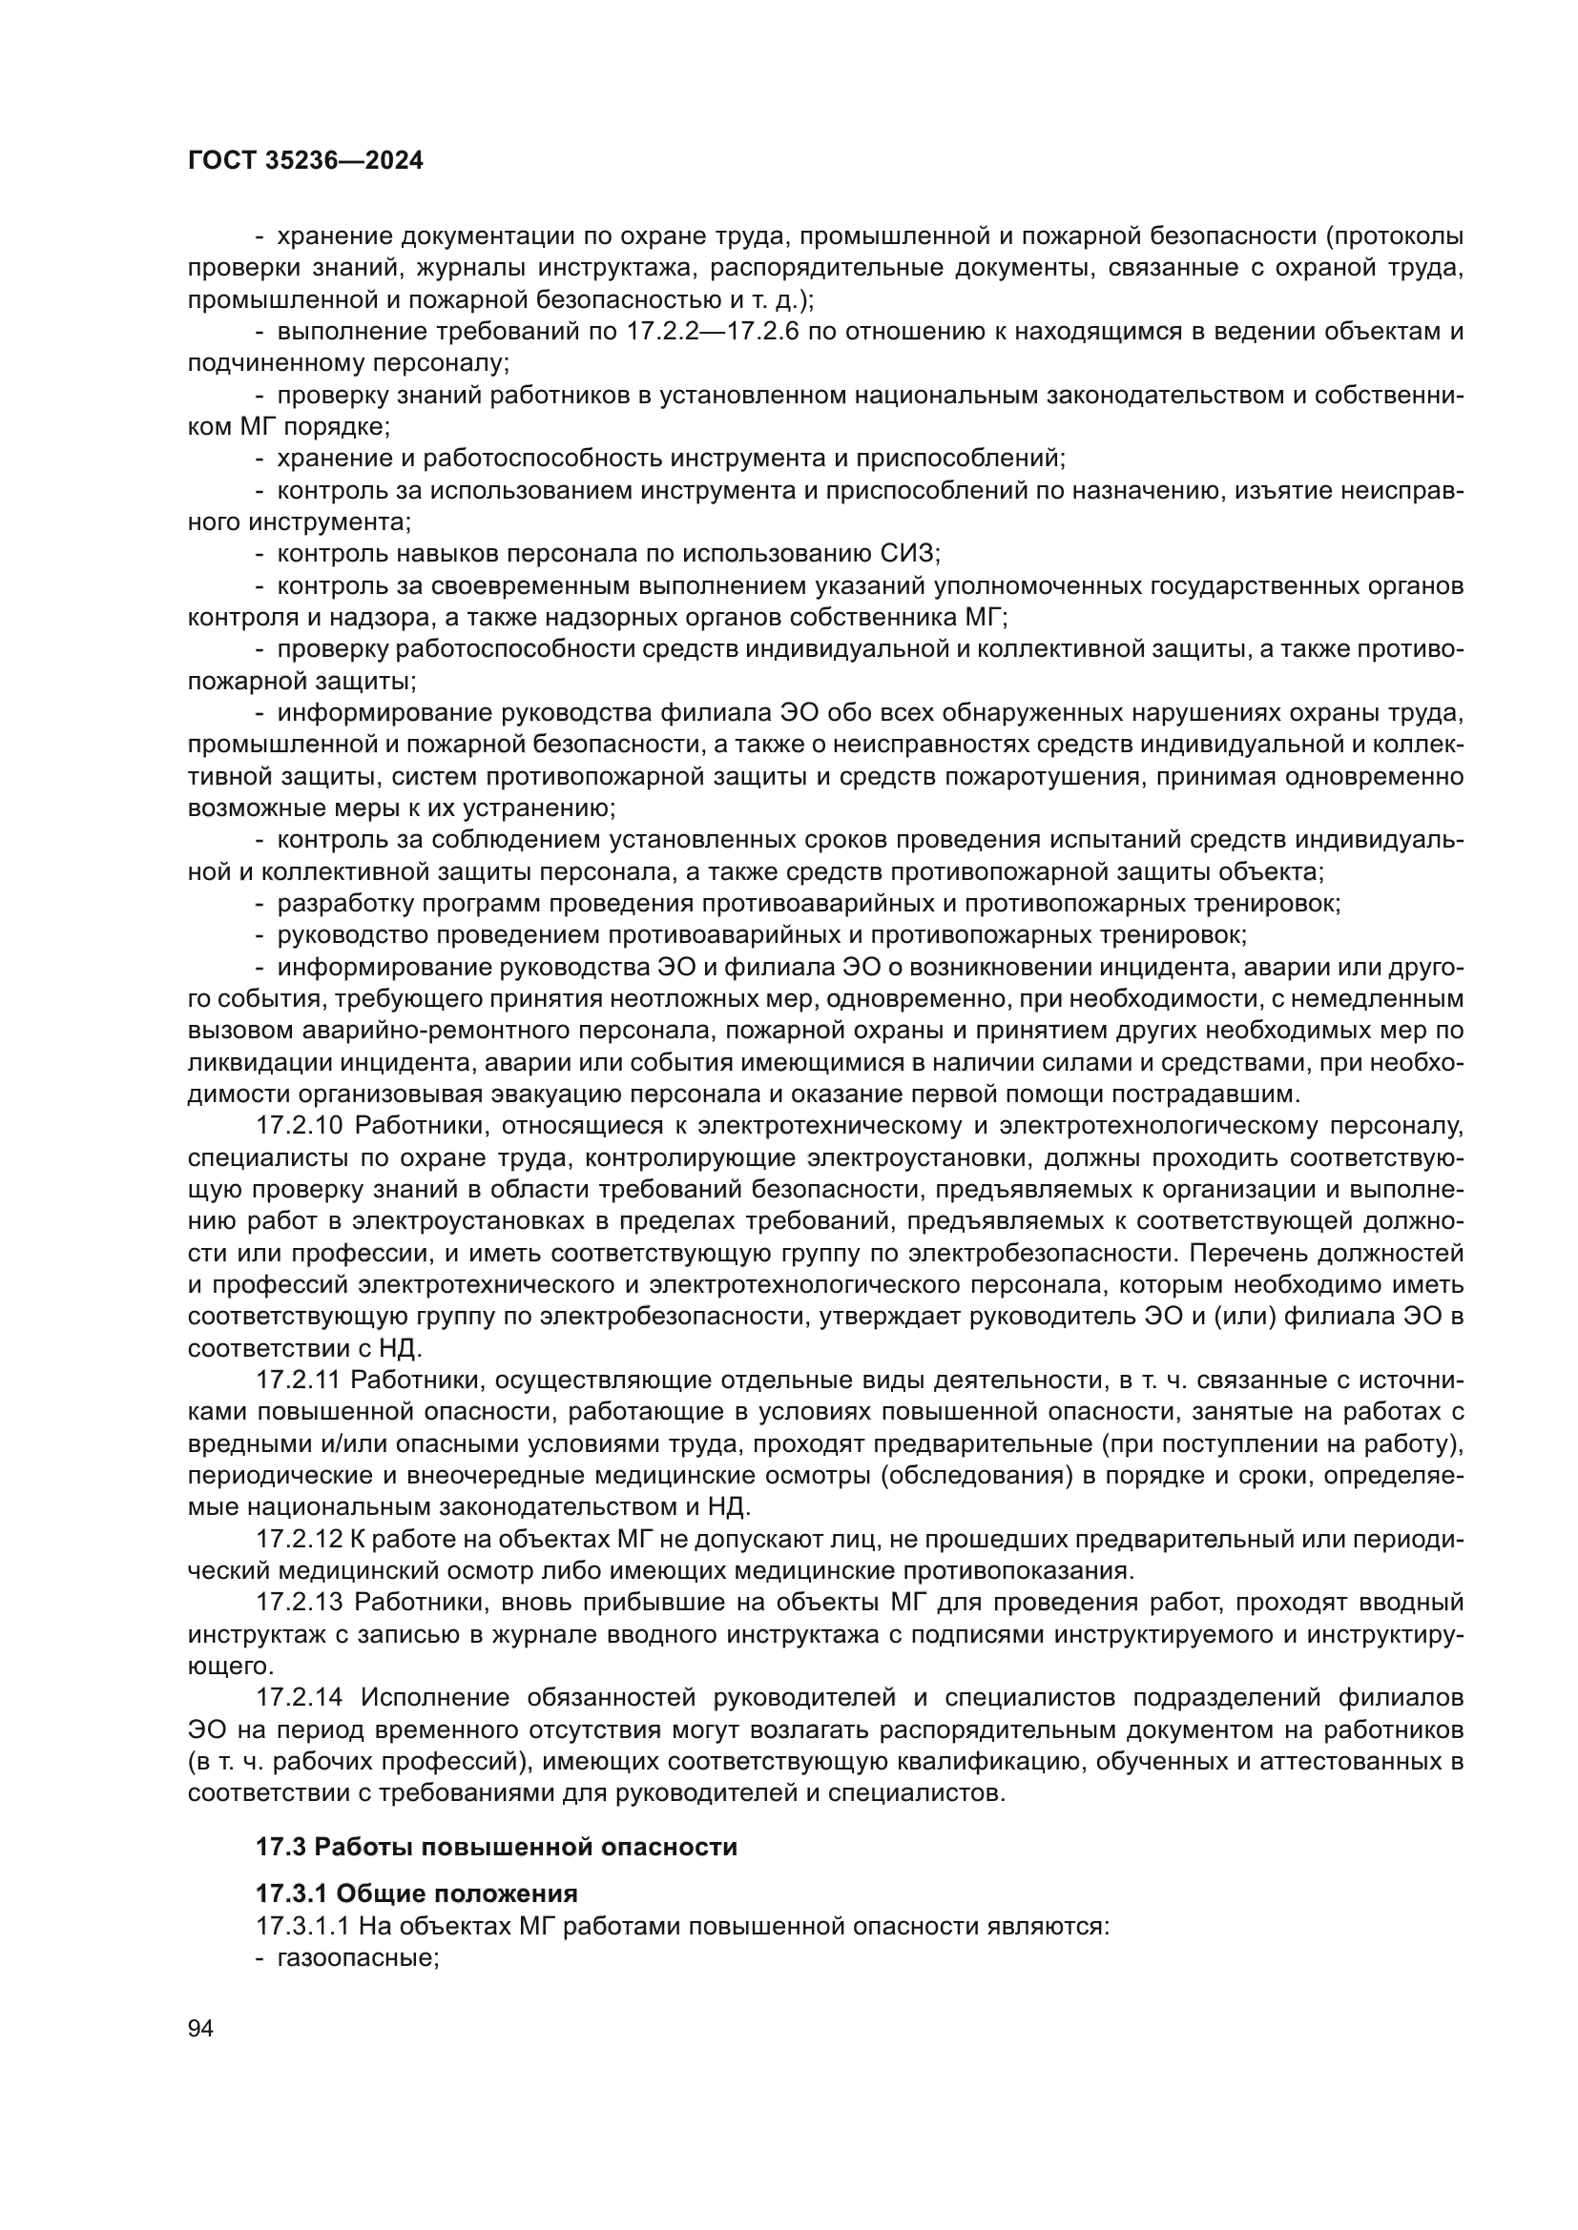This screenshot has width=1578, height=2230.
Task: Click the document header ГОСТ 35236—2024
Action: pyautogui.click(x=305, y=161)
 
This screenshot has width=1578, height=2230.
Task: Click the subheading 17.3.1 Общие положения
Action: pyautogui.click(x=417, y=1893)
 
